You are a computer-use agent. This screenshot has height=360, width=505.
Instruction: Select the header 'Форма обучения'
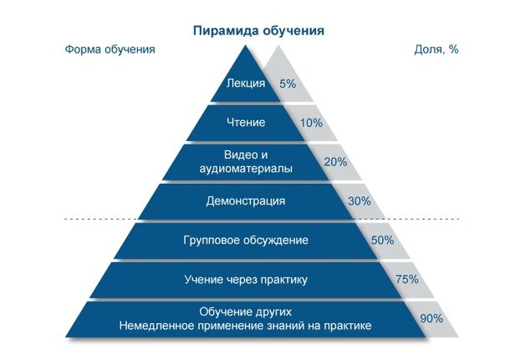[x=110, y=49]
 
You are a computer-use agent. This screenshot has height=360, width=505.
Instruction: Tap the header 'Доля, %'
[x=436, y=49]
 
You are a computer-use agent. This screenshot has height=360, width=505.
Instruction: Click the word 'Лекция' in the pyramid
[x=246, y=84]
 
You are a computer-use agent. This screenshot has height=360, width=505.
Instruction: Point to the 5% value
[x=288, y=84]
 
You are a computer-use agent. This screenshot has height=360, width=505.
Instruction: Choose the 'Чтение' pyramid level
[x=246, y=123]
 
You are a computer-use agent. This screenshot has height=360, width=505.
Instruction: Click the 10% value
[x=311, y=124]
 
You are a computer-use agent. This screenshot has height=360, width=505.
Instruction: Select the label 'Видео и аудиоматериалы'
[x=246, y=162]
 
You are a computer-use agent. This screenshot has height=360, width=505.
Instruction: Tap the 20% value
[x=335, y=162]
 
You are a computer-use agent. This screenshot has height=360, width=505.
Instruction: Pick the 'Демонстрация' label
[x=246, y=201]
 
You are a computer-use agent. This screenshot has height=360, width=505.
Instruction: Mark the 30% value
[x=359, y=201]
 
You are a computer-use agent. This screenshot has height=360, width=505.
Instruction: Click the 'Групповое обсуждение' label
[x=246, y=241]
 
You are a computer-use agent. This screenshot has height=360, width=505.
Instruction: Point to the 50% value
[x=382, y=241]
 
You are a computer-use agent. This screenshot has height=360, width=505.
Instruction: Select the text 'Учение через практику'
[x=246, y=280]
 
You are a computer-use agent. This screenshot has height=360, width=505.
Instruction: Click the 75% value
[x=406, y=280]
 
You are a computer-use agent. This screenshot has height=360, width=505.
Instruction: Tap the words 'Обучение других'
[x=246, y=312]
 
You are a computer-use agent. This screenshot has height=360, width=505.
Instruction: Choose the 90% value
[x=431, y=318]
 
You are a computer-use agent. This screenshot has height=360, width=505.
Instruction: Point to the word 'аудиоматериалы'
[x=246, y=169]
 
